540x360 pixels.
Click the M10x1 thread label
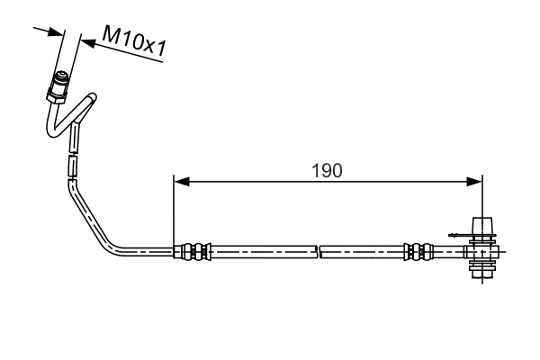pos(135,42)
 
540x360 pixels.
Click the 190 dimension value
pos(328,170)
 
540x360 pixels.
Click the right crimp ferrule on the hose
pos(417,252)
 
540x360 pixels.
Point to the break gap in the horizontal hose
pos(319,252)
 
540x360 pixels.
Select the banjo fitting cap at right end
pos(482,227)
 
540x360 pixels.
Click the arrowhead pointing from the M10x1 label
pos(88,41)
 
